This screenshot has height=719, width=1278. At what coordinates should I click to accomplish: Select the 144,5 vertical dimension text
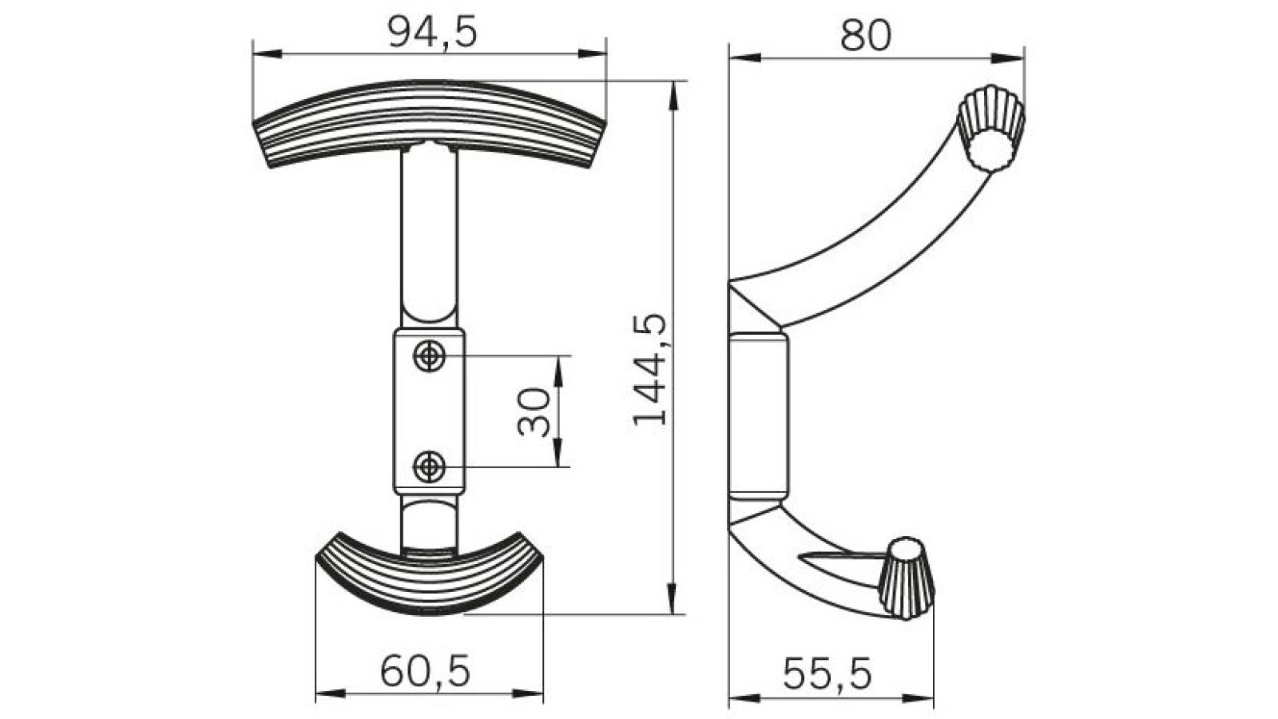tap(649, 369)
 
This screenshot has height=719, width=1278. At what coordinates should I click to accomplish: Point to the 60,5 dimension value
tap(425, 670)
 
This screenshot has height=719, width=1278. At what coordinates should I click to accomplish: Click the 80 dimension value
tap(865, 36)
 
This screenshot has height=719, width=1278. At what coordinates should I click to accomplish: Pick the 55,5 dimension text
tap(827, 673)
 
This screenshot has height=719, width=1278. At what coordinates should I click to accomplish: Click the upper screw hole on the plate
tap(430, 356)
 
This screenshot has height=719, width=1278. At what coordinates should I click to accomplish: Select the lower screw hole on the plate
tap(430, 466)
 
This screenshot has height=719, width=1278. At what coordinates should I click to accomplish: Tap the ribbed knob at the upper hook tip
tap(990, 128)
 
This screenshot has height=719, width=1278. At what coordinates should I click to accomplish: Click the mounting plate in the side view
tap(759, 415)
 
